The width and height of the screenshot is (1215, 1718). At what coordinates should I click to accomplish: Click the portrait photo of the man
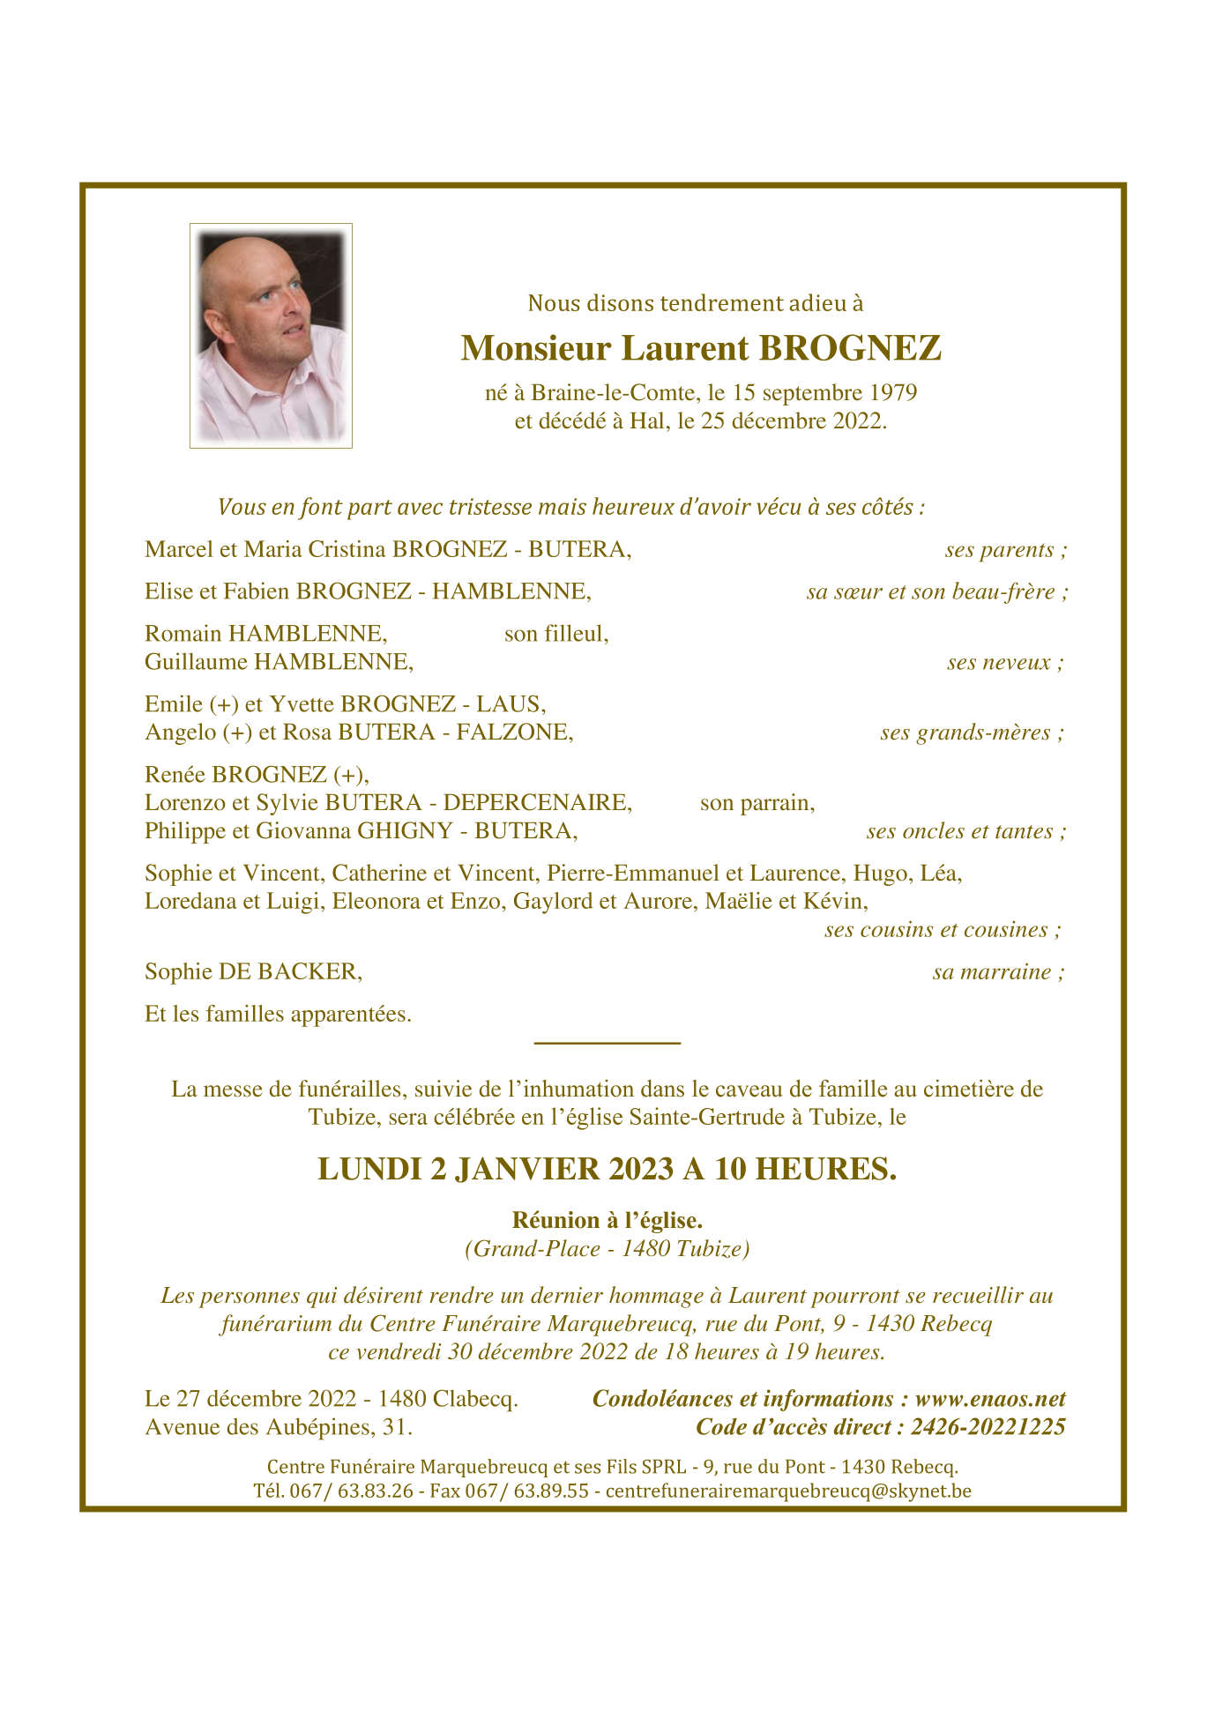(271, 336)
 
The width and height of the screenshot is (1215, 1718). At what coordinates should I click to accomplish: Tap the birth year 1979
(894, 392)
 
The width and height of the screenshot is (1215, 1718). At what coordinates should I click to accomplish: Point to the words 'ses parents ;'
(1006, 550)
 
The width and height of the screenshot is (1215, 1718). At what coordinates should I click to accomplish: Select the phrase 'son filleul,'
(556, 634)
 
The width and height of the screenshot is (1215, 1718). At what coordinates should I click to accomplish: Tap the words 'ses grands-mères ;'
(972, 733)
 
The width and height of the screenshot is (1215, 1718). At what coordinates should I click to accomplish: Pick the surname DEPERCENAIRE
(537, 803)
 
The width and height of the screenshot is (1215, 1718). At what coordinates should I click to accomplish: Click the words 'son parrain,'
(757, 803)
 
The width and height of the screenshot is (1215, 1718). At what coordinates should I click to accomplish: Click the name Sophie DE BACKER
(254, 972)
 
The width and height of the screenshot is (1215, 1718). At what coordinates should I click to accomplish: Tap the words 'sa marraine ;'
(999, 972)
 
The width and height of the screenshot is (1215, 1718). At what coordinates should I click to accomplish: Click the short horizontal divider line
(607, 1044)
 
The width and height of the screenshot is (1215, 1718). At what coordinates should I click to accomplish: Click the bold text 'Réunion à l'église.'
(607, 1221)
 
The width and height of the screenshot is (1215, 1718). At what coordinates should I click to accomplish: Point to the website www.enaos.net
(990, 1399)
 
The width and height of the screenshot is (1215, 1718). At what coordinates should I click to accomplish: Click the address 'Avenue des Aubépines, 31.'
(279, 1427)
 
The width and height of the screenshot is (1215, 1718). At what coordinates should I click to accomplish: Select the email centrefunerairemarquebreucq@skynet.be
(788, 1491)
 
